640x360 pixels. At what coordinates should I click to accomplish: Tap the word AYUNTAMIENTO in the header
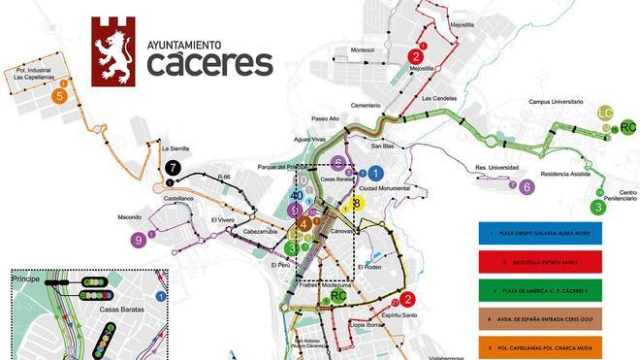coord(184,45)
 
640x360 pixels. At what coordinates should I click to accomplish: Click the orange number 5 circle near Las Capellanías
coord(60,96)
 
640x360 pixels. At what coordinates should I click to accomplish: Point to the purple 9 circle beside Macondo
coord(141,240)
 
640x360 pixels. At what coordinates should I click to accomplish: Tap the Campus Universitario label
coord(560,101)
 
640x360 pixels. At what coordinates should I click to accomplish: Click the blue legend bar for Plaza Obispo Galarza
coord(540,234)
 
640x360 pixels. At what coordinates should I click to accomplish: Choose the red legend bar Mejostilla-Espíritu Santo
coord(540,262)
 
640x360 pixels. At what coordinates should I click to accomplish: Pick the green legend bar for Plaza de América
coord(540,289)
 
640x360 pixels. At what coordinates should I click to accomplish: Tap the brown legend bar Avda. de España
coord(540,316)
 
